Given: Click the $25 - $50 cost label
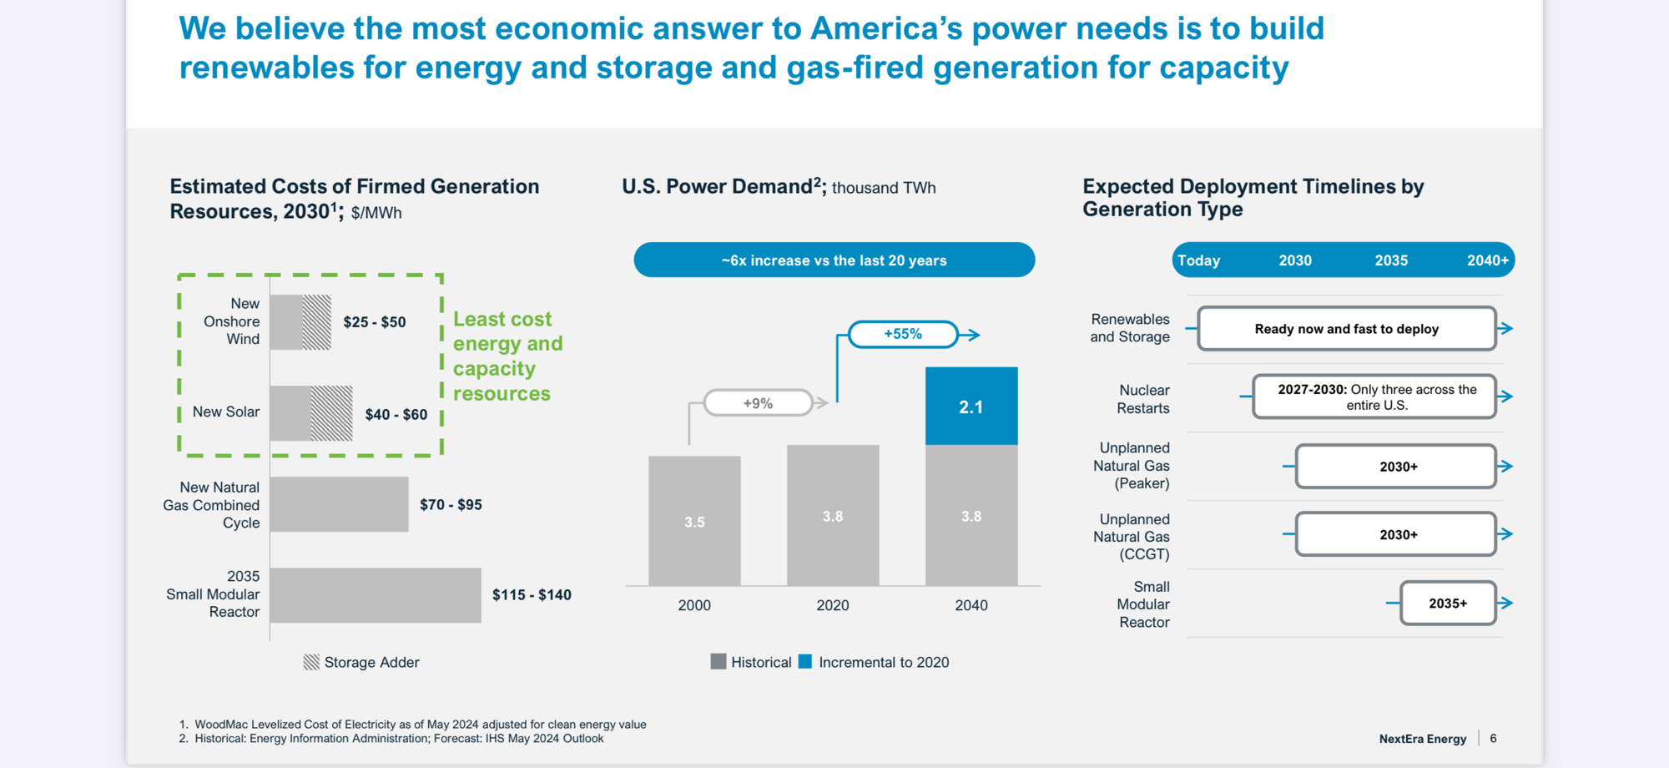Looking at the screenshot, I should [375, 322].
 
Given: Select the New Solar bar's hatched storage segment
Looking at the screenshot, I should [331, 413].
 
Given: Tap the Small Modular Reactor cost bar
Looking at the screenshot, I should [376, 595].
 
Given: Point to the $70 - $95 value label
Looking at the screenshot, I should [451, 505].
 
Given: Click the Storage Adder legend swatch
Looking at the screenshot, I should [311, 662].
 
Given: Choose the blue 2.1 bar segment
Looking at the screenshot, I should [971, 407].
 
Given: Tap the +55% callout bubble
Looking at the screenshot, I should [903, 334].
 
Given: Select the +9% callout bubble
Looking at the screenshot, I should [758, 403].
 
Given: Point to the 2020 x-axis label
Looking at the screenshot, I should [833, 605].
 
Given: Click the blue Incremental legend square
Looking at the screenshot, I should [805, 662].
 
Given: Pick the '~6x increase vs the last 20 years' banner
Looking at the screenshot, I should [834, 260].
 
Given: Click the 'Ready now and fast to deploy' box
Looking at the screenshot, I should [1346, 329].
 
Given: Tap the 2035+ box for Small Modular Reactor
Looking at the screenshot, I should [1447, 604].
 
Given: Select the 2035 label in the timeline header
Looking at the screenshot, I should [1391, 260].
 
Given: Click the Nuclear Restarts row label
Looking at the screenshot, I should [1143, 399].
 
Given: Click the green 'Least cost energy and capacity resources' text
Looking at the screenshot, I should [507, 356].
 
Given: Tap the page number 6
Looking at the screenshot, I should [1494, 739].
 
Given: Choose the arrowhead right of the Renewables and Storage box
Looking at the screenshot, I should [1506, 329].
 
